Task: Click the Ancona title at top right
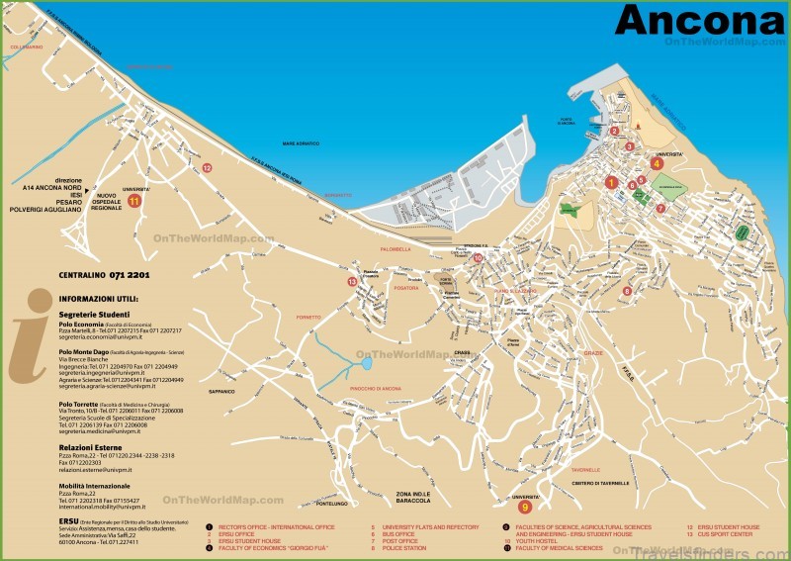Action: [700, 20]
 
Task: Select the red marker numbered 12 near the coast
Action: [207, 168]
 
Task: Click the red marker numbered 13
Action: [351, 282]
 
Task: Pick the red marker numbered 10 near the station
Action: [478, 258]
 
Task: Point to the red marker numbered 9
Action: [525, 507]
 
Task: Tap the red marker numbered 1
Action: [611, 182]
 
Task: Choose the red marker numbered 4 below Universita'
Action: [657, 164]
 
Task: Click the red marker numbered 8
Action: [627, 291]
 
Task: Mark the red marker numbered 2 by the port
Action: [614, 131]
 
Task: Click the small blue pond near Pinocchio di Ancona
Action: [366, 363]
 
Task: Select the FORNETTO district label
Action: [308, 316]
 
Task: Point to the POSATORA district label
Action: [406, 288]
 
